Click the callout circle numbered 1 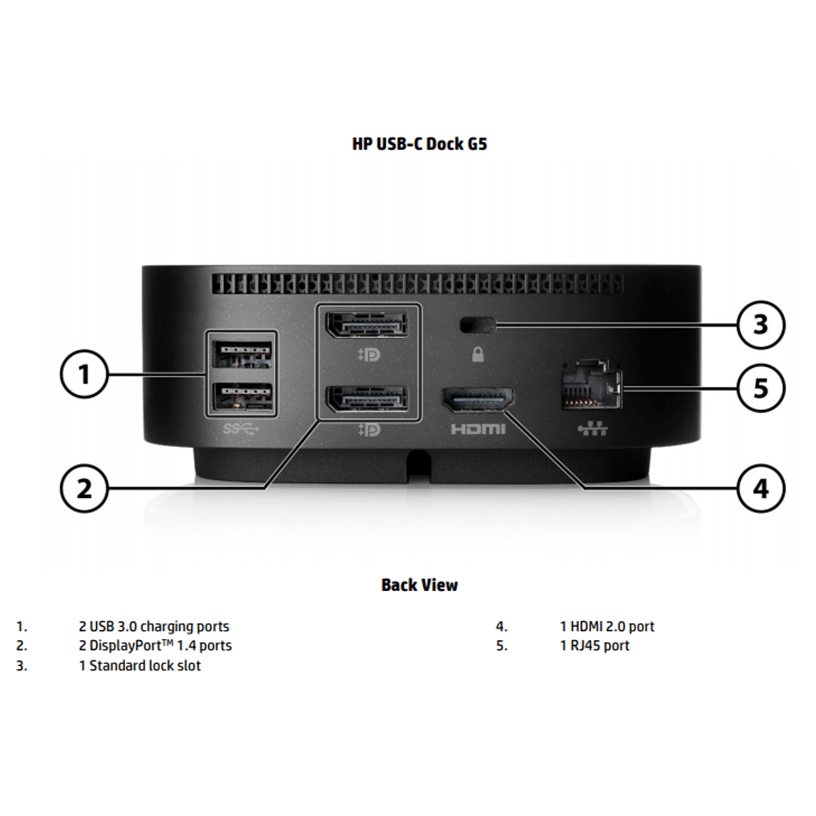point(83,375)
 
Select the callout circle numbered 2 point(83,489)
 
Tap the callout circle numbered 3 point(761,325)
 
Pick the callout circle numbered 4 point(761,489)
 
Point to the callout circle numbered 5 point(761,388)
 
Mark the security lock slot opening point(478,325)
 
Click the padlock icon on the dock point(478,355)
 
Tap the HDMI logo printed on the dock point(478,430)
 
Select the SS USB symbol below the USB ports point(241,429)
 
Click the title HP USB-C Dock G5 point(419,144)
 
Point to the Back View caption point(419,585)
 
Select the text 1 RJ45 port point(595,646)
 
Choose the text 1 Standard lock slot point(140,666)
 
